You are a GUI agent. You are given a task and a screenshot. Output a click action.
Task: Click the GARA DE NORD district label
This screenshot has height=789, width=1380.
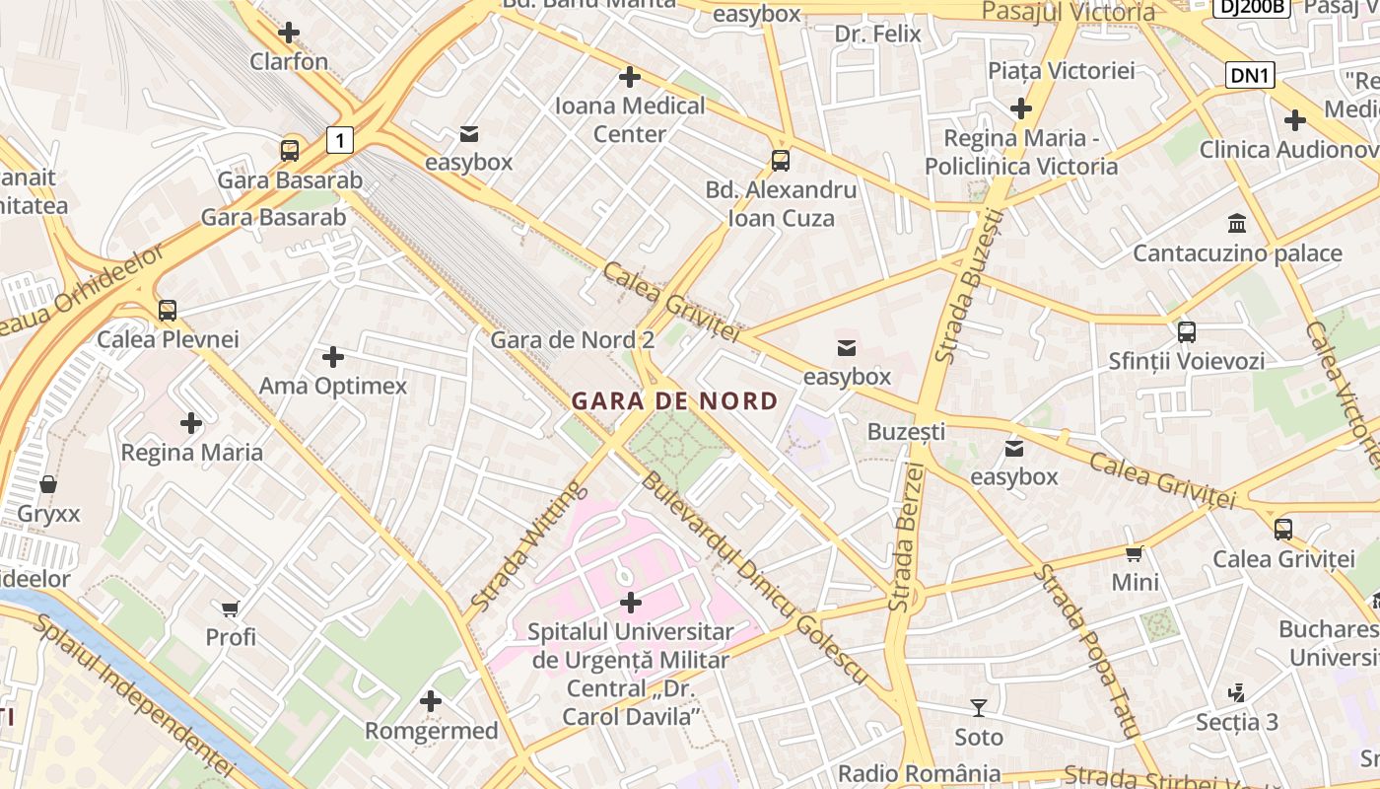click(x=674, y=401)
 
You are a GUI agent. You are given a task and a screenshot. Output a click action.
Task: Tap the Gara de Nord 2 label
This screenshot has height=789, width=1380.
click(x=573, y=340)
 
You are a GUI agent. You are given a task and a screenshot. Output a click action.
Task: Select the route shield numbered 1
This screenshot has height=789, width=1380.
click(x=339, y=140)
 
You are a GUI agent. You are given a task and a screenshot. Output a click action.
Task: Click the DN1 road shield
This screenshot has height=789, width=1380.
click(x=1250, y=75)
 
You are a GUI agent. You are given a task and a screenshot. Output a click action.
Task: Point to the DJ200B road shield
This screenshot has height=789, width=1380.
click(x=1251, y=7)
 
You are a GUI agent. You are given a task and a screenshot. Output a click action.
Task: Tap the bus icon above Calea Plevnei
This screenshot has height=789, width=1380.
click(x=168, y=311)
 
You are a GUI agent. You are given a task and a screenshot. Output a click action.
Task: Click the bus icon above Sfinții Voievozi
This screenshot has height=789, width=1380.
click(x=1186, y=332)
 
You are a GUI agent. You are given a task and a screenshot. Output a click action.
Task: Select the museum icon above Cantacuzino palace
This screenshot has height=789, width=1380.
click(x=1236, y=224)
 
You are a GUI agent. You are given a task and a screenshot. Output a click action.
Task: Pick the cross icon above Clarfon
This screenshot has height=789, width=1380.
click(x=289, y=33)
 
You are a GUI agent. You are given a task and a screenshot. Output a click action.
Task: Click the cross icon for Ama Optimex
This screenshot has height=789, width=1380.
click(x=333, y=356)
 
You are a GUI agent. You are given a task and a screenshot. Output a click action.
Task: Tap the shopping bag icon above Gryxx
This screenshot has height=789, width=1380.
click(x=47, y=484)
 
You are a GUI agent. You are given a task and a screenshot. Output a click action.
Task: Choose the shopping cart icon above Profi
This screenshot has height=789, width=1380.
click(x=231, y=609)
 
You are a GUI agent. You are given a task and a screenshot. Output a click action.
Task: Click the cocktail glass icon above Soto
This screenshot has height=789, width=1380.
click(x=978, y=707)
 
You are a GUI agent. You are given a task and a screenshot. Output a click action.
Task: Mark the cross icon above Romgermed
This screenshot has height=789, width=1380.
click(x=431, y=701)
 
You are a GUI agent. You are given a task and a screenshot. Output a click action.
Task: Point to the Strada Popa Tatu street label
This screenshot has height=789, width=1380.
click(x=1087, y=652)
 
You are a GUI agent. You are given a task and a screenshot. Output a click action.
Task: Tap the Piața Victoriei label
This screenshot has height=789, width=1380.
click(x=1062, y=70)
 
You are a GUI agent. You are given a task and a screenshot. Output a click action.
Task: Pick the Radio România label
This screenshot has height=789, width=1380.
click(x=919, y=773)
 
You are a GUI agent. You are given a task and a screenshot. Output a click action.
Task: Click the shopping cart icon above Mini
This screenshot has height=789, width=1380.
click(x=1135, y=553)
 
